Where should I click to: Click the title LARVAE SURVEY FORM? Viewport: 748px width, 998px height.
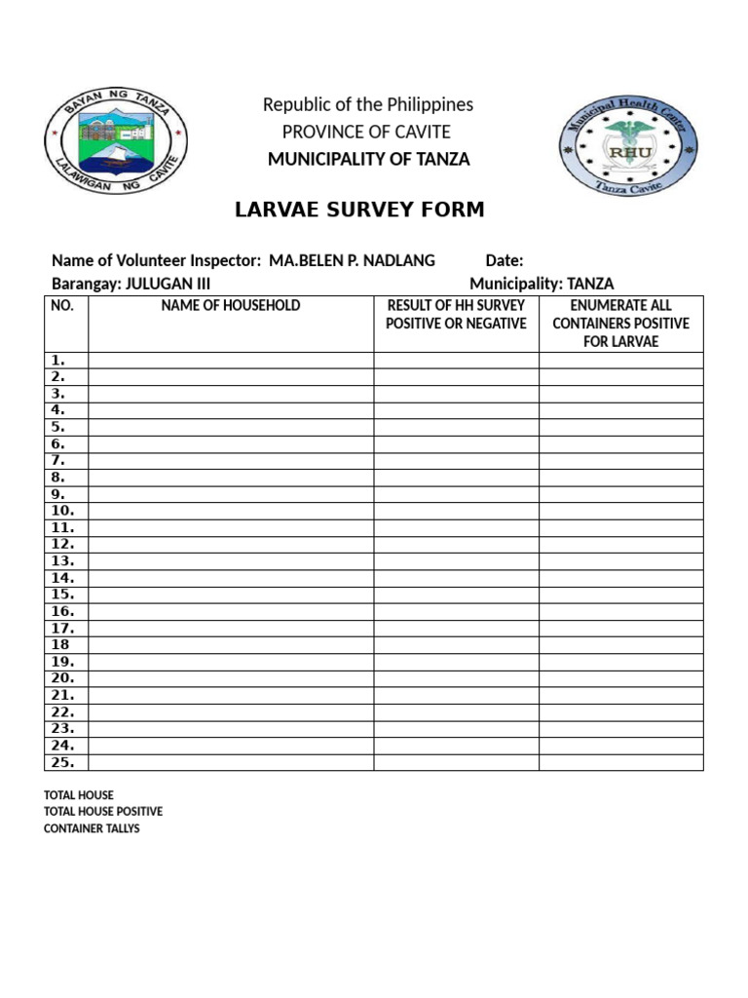pos(359,211)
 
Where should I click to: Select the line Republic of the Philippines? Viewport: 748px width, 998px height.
pos(368,104)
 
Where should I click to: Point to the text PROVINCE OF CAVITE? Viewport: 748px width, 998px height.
pos(366,132)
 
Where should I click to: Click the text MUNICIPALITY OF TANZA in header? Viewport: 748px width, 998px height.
pos(368,159)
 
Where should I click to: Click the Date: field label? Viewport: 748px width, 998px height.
pos(505,260)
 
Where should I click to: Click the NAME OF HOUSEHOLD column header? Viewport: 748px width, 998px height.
pos(231,306)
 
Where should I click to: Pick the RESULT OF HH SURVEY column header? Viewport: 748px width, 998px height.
pos(456,315)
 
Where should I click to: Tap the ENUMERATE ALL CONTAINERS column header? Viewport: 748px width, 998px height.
pos(620,324)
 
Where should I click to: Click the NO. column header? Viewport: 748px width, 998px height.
pos(61,306)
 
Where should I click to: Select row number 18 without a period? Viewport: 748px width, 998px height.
pos(60,645)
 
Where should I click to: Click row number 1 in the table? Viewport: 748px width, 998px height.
pos(57,361)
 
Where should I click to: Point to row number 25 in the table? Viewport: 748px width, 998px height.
pos(62,763)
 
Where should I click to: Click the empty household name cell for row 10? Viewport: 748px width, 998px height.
pos(231,511)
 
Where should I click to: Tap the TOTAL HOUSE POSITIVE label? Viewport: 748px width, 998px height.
pos(103,812)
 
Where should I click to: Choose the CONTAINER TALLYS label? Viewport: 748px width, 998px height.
pos(92,828)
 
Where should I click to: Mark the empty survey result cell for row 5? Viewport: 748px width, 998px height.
pos(456,427)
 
